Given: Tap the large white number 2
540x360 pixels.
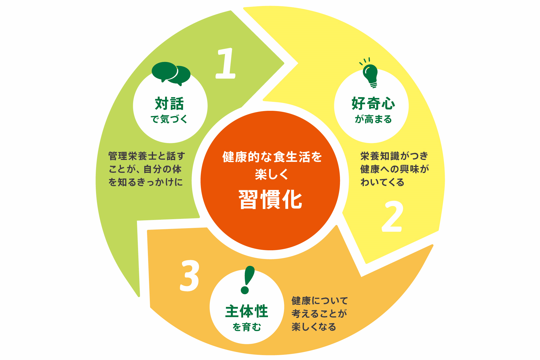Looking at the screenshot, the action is point(392,216).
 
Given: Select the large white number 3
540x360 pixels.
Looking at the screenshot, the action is point(190,275).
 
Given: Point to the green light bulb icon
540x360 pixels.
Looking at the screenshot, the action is point(370,74).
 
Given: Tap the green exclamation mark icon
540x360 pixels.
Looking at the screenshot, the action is point(247,280).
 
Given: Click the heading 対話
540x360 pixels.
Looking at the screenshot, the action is point(169,104).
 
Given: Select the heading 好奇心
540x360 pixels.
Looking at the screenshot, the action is point(373,103).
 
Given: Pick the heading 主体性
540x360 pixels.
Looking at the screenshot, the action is point(247,311).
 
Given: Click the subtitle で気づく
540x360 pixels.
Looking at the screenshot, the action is point(169,119).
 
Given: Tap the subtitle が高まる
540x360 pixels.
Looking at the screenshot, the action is point(373,119).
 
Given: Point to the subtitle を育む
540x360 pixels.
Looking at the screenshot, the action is point(247,327).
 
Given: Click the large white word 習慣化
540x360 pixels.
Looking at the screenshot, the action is point(270,200).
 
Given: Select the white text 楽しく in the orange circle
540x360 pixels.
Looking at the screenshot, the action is point(272,174).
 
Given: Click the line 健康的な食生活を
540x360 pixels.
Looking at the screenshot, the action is point(272,157).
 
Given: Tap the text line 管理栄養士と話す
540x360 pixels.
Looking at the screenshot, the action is point(147,156).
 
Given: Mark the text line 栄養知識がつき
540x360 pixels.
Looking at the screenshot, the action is point(394,156).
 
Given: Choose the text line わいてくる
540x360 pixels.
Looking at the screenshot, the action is point(382,182).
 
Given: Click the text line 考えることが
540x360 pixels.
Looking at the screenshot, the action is point(319,314).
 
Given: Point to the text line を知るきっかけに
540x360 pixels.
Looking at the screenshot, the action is point(146,182).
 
